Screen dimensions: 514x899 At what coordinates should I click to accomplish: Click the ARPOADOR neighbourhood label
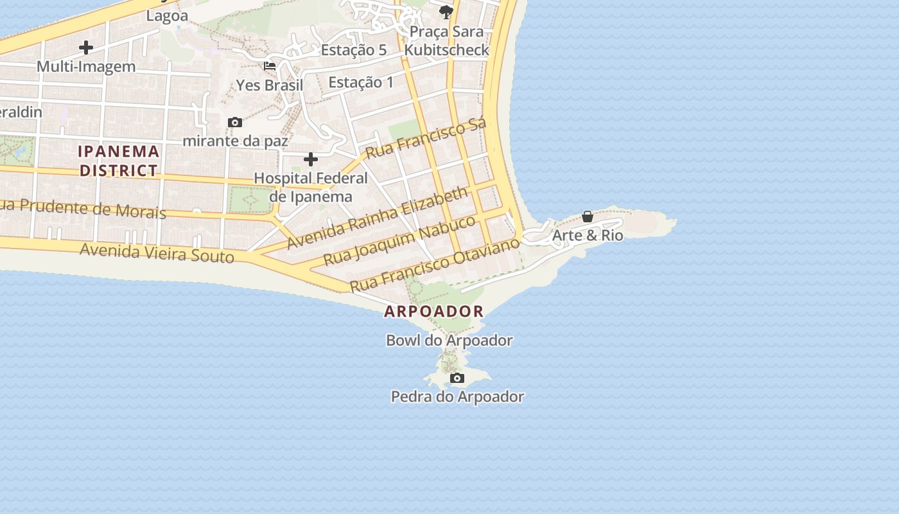[434, 312]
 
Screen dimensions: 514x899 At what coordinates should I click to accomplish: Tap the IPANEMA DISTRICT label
[119, 161]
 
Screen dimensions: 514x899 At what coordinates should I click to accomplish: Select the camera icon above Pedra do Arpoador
[457, 378]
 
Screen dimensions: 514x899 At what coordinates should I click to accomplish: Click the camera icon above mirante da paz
[235, 122]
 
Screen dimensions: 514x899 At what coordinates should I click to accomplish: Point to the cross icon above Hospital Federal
[311, 159]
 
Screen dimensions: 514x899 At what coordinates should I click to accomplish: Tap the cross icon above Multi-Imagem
[86, 48]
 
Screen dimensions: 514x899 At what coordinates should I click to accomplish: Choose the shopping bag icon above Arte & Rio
[588, 217]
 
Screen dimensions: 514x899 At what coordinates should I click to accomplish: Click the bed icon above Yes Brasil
[270, 66]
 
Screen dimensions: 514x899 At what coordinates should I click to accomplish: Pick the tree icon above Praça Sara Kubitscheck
[446, 12]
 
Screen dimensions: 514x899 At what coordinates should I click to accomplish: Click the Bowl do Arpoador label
[449, 341]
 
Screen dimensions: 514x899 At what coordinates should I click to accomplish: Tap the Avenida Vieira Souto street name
[157, 252]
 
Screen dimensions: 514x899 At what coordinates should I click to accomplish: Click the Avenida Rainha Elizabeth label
[378, 218]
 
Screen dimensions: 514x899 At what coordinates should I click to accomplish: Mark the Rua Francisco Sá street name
[426, 137]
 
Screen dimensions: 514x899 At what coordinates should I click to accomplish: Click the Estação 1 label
[361, 82]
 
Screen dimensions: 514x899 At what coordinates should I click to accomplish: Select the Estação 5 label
[354, 49]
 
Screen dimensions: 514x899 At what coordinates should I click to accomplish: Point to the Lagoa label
[167, 16]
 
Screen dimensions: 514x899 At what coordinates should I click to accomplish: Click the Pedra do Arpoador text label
[457, 397]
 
